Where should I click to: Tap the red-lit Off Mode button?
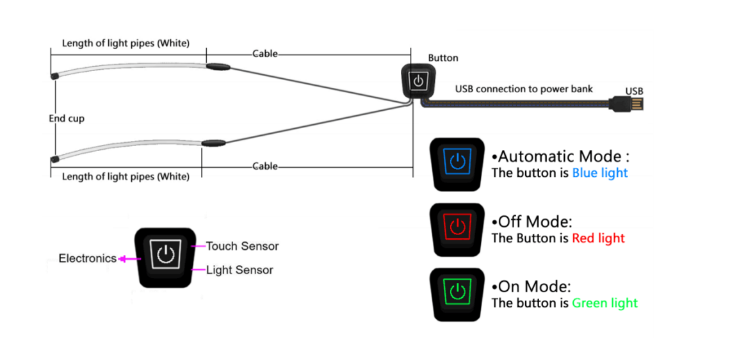[x=457, y=228]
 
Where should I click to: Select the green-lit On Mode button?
[x=457, y=294]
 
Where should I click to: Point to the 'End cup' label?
[x=67, y=119]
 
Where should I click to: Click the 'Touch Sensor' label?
[x=242, y=246]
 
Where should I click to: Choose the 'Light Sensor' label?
[x=239, y=270]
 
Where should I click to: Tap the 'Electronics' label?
[x=87, y=259]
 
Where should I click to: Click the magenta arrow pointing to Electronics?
[x=126, y=259]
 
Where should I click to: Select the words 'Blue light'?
[x=599, y=173]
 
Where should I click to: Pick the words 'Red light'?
[x=598, y=238]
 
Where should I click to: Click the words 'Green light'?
[x=604, y=303]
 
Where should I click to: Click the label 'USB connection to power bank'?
[x=524, y=89]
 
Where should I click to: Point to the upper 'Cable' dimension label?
[x=265, y=54]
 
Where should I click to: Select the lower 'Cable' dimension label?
[x=265, y=166]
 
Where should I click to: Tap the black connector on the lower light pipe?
[x=213, y=143]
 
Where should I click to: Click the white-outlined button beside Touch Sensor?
[x=164, y=256]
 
